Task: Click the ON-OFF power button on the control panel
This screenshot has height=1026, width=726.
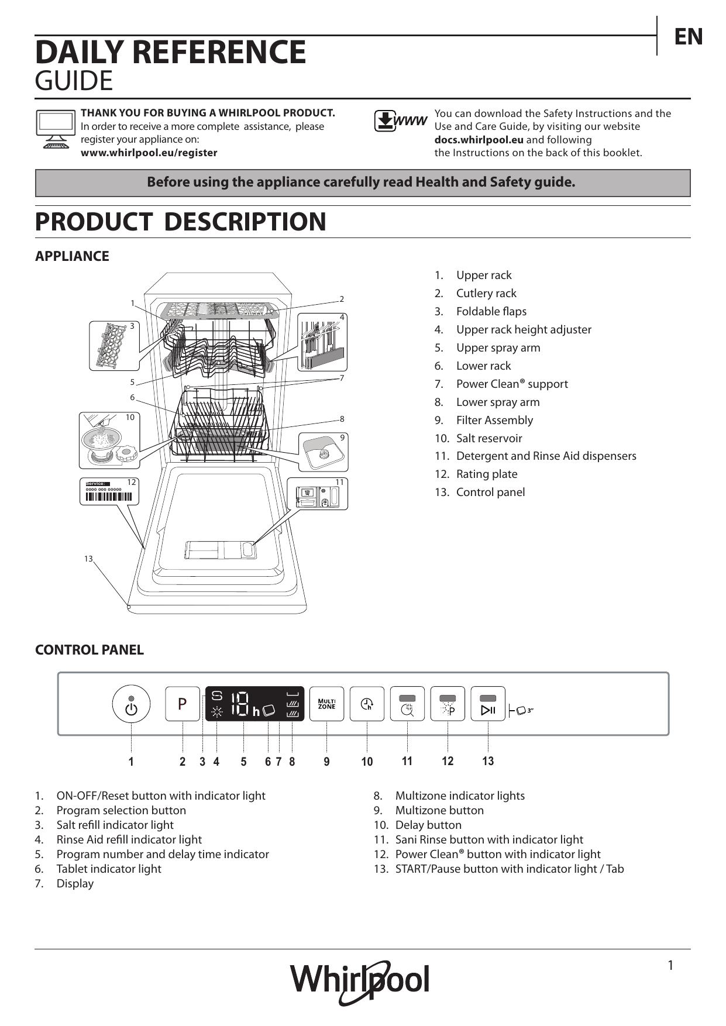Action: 131,704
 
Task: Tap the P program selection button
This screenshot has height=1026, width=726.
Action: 183,704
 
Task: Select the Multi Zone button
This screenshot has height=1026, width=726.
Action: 326,704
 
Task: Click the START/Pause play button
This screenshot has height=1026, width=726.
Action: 488,704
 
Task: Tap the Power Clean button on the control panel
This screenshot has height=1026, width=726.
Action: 448,704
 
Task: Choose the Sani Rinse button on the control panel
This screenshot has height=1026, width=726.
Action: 407,704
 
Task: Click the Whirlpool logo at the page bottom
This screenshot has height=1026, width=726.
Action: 360,983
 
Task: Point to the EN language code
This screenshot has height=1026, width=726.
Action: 689,37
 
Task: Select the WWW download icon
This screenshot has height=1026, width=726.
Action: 401,121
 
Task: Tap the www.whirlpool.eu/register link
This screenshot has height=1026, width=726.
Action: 149,153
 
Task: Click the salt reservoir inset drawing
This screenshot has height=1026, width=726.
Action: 109,440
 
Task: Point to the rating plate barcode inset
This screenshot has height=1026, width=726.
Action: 109,491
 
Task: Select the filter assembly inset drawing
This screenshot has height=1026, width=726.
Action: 323,452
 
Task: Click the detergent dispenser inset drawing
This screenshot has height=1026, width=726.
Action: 318,494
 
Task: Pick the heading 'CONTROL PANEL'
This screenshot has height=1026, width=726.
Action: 90,650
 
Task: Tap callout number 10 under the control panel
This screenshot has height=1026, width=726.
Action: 367,762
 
